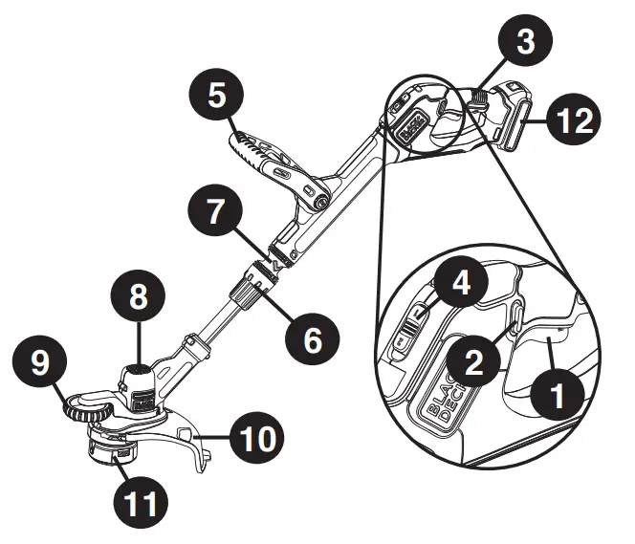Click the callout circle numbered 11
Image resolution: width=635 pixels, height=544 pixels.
[x=140, y=500]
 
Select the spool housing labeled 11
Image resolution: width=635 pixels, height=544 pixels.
[x=116, y=450]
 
